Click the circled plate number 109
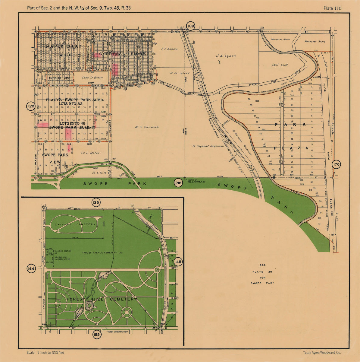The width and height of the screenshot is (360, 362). pos(190,27)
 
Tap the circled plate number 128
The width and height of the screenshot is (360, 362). pos(31,106)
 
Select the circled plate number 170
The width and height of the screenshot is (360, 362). pos(337,165)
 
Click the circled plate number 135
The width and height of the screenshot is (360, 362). pos(96,202)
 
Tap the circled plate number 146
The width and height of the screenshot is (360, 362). pos(178,262)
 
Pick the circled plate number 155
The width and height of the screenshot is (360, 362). pos(97,335)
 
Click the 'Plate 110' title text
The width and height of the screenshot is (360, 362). pos(332,8)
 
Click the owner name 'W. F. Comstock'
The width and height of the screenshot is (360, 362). pos(147,127)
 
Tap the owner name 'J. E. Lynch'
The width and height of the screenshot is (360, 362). pos(226,56)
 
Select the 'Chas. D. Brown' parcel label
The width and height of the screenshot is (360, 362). pos(92,78)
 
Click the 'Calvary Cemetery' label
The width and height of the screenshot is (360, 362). pos(75,224)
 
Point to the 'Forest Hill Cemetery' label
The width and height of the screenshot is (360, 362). pos(102,299)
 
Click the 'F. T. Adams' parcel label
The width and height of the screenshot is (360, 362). pos(169,49)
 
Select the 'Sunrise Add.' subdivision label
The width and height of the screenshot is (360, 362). pos(59,78)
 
